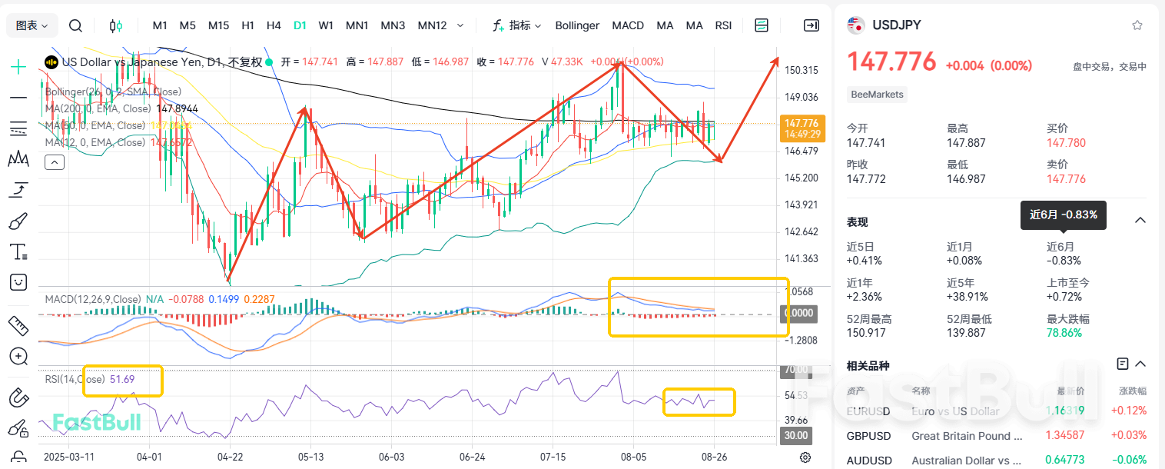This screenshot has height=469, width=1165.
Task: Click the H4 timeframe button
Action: pyautogui.click(x=274, y=25)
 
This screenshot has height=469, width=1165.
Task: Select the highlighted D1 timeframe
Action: pyautogui.click(x=300, y=25)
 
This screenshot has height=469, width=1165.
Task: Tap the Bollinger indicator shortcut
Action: pyautogui.click(x=576, y=25)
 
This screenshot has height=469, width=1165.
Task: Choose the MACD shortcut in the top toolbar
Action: pyautogui.click(x=628, y=25)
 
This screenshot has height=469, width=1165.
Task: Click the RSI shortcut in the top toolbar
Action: pyautogui.click(x=723, y=25)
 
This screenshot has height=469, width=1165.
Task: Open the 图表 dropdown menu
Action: pyautogui.click(x=32, y=25)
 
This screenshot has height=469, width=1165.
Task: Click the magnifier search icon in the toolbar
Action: pyautogui.click(x=75, y=25)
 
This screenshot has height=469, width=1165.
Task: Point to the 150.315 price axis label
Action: pyautogui.click(x=802, y=70)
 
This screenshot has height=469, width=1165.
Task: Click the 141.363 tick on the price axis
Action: pyautogui.click(x=802, y=259)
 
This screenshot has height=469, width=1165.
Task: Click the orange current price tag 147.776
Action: pyautogui.click(x=802, y=123)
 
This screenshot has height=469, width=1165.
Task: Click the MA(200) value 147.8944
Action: pyautogui.click(x=177, y=109)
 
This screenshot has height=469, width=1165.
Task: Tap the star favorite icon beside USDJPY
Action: pyautogui.click(x=1137, y=25)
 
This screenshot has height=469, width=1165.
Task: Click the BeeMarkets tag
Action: pyautogui.click(x=877, y=95)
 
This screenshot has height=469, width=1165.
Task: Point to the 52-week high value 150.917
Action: pyautogui.click(x=866, y=333)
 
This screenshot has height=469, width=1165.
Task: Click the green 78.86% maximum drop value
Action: pyautogui.click(x=1064, y=333)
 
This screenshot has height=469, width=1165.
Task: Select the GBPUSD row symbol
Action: pyautogui.click(x=868, y=436)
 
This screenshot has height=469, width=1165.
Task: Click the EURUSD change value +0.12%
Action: pyautogui.click(x=1129, y=411)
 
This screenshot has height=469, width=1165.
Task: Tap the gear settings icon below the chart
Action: pyautogui.click(x=805, y=457)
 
